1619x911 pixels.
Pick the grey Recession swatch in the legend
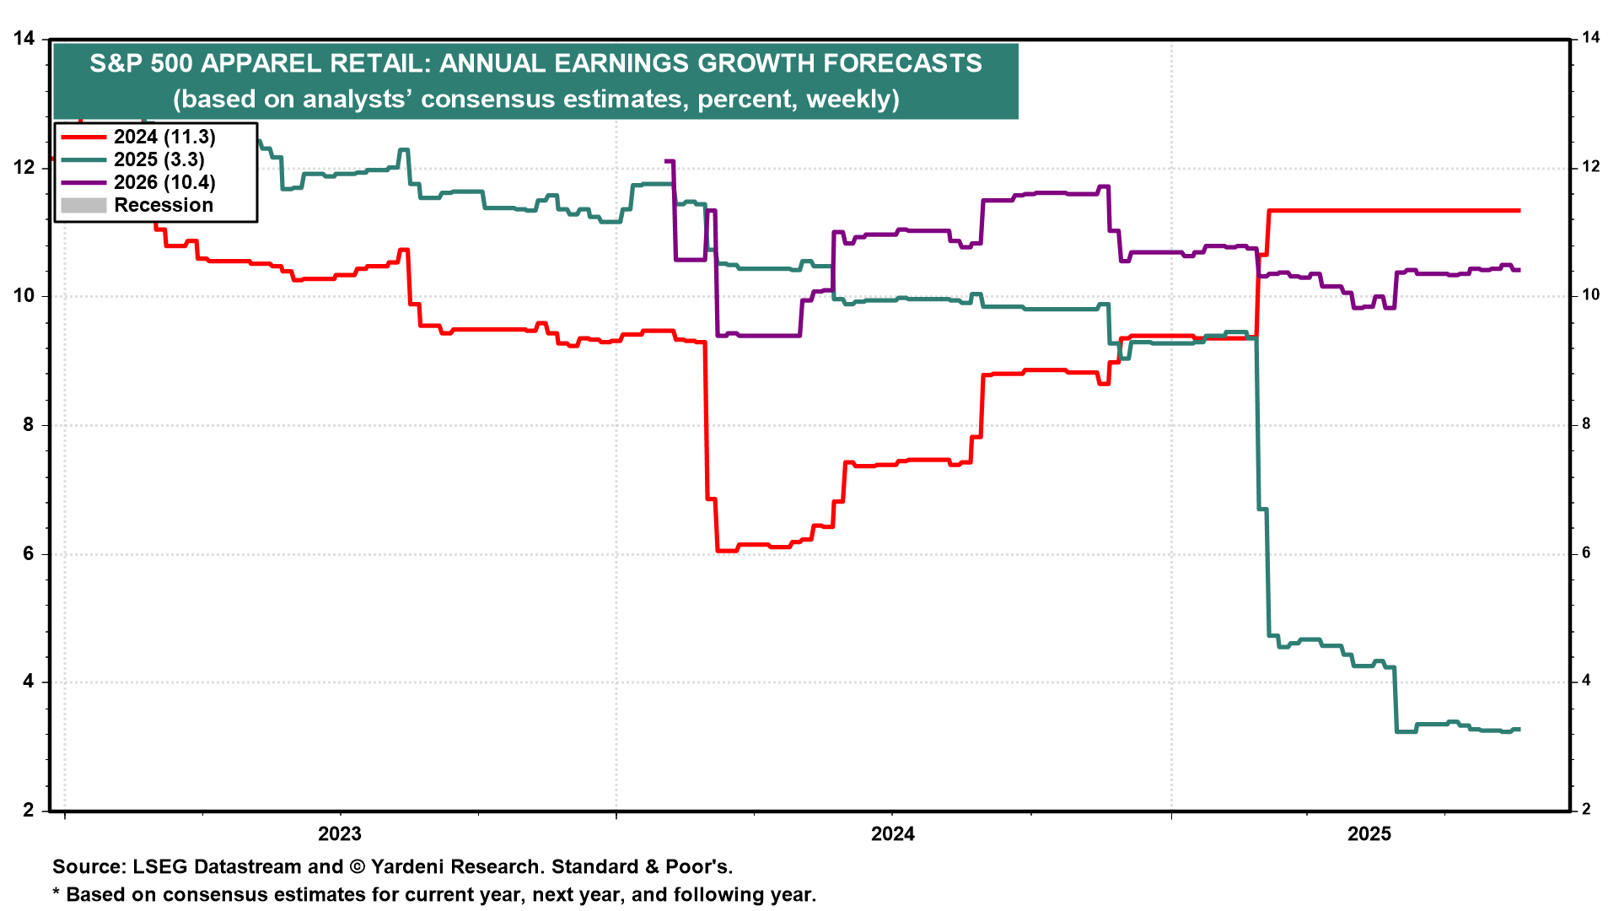pos(83,205)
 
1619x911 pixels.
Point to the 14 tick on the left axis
pos(24,39)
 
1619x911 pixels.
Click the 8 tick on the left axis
pos(29,425)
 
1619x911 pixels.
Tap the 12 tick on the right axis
pos(1590,167)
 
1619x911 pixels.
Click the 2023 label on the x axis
pos(339,834)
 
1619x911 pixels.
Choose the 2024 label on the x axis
pos(892,834)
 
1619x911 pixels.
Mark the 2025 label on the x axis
pos(1369,834)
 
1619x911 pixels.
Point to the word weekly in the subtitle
pos(847,100)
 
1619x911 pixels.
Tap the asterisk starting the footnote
pos(56,892)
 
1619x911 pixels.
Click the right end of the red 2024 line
pos(1519,210)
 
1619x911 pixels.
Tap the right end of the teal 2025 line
pos(1519,729)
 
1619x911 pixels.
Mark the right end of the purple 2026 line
pos(1519,270)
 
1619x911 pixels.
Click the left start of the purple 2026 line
pos(666,160)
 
